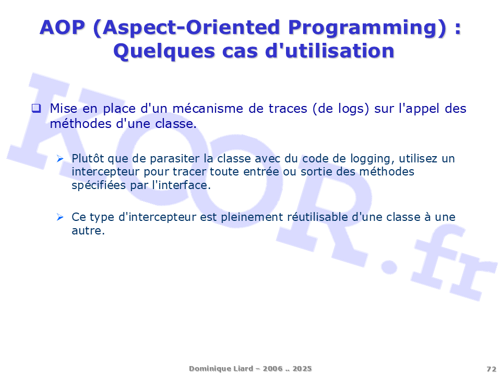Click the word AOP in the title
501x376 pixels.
[62, 27]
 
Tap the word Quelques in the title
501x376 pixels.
[164, 52]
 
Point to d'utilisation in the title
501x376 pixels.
[330, 51]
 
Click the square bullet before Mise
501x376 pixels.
[36, 108]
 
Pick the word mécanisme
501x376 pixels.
[208, 109]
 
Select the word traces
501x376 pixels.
[288, 109]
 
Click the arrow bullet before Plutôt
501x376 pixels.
[60, 158]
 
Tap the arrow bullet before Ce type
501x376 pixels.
[60, 217]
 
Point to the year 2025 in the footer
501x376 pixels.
[302, 369]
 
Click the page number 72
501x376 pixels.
[492, 369]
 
